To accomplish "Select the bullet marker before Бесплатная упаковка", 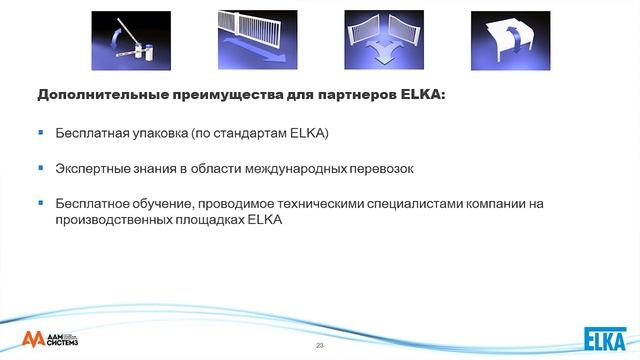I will [x=41, y=132].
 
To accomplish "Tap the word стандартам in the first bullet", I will [x=252, y=133].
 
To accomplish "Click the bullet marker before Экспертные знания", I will [x=41, y=168].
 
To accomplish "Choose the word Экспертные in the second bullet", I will [x=92, y=169].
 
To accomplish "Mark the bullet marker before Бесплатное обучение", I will [x=41, y=203].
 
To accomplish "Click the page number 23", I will [x=320, y=345].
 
